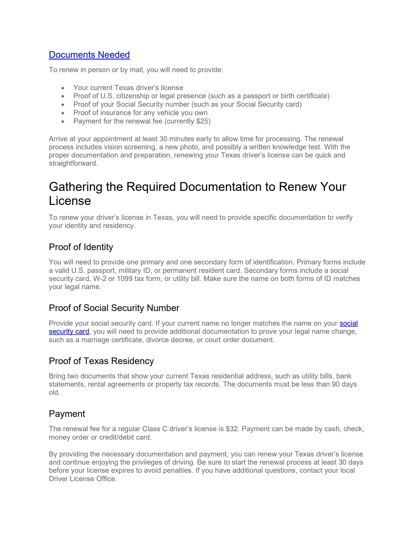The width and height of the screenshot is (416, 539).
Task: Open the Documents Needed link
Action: [89, 55]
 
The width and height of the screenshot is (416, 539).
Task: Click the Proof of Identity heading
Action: [81, 247]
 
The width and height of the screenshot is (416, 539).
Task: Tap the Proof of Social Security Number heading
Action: [114, 308]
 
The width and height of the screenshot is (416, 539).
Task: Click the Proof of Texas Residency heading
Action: [101, 361]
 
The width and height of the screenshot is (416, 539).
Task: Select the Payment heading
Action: [67, 414]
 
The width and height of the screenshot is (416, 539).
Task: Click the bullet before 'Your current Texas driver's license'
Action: [63, 88]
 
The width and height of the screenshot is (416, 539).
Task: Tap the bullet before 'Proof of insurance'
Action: [63, 113]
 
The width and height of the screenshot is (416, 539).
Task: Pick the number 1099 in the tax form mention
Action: [124, 279]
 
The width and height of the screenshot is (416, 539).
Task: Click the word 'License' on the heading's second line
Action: [70, 201]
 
